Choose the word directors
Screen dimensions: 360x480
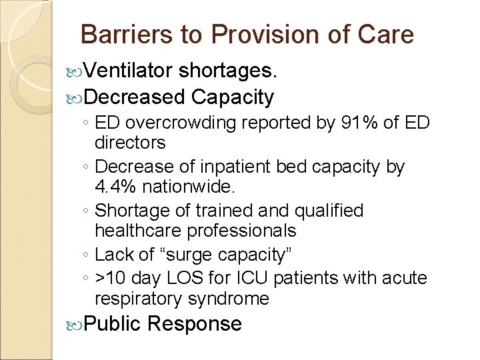coord(130,142)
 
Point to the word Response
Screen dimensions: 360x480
coord(195,324)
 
